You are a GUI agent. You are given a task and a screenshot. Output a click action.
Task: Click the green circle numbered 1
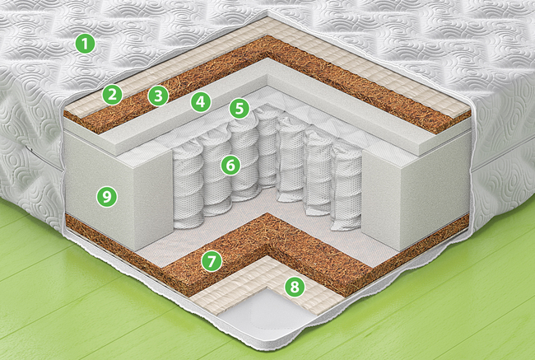tap(85, 44)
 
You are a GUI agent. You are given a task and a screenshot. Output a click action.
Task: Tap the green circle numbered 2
tap(112, 95)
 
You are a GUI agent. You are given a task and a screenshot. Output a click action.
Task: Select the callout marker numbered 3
tap(158, 96)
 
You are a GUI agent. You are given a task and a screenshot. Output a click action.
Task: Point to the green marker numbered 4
tap(201, 102)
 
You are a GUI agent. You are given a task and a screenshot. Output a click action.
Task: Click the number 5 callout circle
tap(240, 108)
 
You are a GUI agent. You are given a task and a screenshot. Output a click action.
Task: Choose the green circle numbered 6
tap(230, 166)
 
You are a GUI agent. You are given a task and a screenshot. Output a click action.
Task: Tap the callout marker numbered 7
tap(212, 261)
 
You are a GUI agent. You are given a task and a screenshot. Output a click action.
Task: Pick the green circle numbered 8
tap(295, 287)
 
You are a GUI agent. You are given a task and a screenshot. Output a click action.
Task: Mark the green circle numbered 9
tap(107, 197)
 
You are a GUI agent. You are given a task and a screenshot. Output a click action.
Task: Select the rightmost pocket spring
tap(347, 187)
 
